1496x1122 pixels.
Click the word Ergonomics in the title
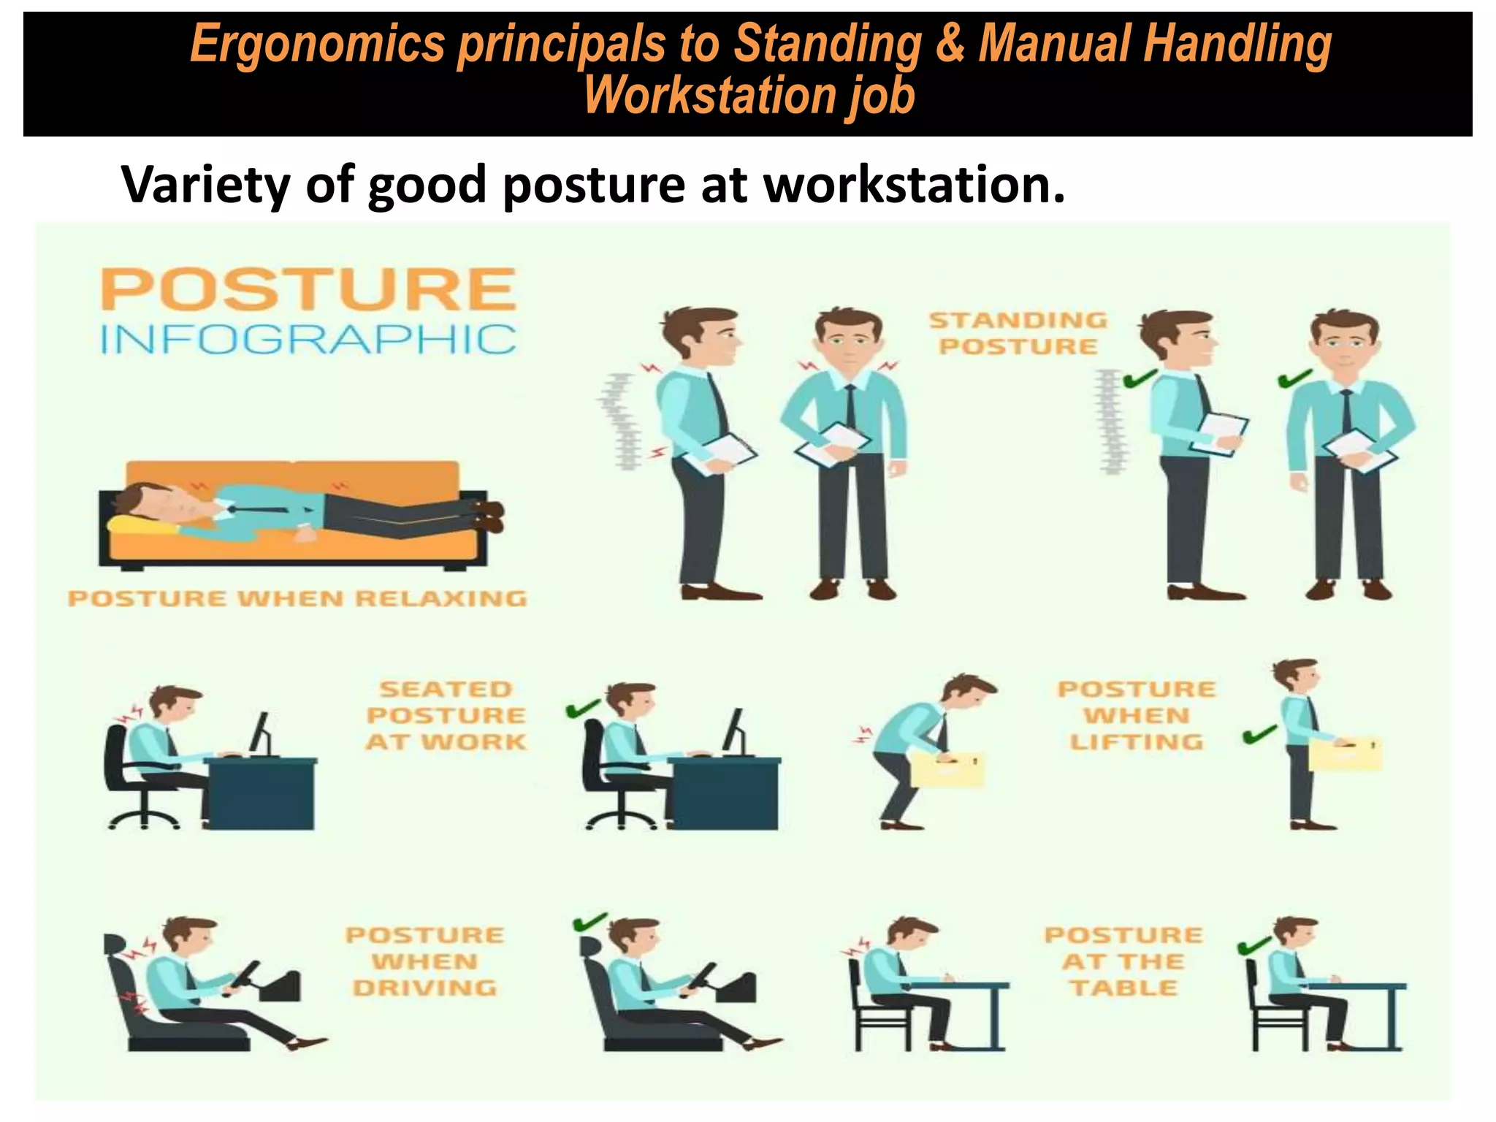point(317,44)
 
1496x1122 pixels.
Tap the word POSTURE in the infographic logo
point(308,290)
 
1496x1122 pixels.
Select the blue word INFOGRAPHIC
point(308,340)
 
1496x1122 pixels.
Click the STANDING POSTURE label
point(1018,333)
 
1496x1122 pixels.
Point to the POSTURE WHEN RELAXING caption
point(297,599)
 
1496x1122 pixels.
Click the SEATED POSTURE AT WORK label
point(446,716)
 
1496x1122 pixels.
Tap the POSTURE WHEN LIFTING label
point(1137,716)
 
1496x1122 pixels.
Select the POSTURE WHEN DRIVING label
point(424,961)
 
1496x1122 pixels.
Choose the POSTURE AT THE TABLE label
point(1123,961)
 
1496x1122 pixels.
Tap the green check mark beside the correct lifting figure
point(1260,733)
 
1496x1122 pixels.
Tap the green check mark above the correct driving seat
point(590,922)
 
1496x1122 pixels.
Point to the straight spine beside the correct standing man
point(1110,421)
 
